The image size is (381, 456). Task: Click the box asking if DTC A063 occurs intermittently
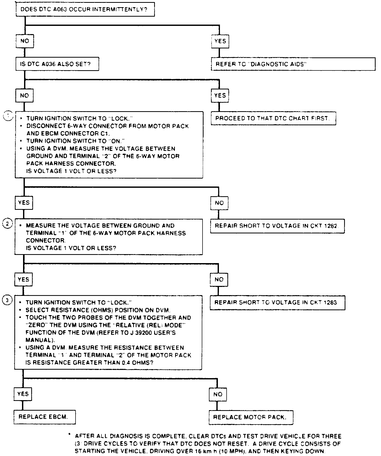coord(85,10)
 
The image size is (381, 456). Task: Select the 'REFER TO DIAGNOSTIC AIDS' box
coord(293,64)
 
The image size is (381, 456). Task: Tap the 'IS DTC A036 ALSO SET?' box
coord(57,64)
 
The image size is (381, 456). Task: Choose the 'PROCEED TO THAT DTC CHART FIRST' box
coord(273,118)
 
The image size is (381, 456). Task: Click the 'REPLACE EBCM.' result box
coord(44,417)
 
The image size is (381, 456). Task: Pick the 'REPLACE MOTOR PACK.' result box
coord(251,417)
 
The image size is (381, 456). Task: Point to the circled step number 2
coord(7,224)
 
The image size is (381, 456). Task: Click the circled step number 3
coord(7,300)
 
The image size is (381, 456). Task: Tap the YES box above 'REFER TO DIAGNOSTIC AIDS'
coord(220,41)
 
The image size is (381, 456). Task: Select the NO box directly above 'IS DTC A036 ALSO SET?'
coord(25,41)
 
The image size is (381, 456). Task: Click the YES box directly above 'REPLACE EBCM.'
coord(23,394)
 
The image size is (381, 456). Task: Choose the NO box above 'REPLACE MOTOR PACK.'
coord(218,395)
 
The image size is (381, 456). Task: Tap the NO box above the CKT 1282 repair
coord(219,203)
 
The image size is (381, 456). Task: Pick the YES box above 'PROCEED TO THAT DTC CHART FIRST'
coord(220,96)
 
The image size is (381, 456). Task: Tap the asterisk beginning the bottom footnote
coord(69,434)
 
